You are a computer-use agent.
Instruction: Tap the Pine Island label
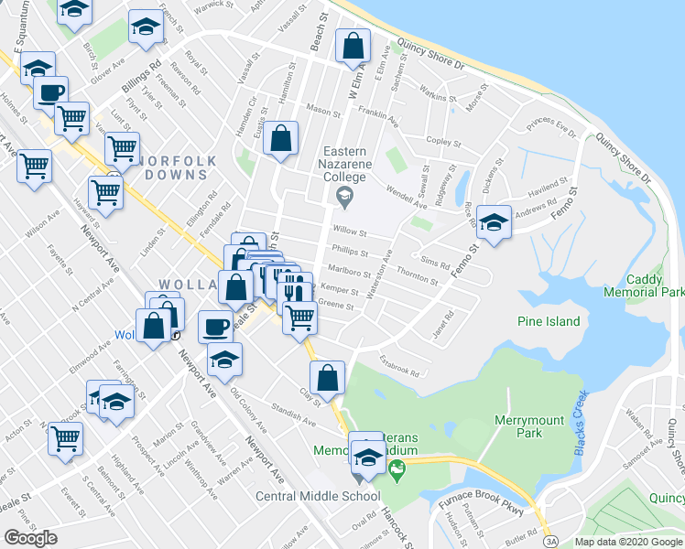[x=549, y=321]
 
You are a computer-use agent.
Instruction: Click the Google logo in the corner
[x=30, y=538]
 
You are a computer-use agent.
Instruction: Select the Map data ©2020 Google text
[x=629, y=542]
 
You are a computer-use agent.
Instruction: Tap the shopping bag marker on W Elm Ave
[x=353, y=46]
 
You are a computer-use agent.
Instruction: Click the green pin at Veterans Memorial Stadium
[x=397, y=473]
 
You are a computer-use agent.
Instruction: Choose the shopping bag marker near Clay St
[x=327, y=377]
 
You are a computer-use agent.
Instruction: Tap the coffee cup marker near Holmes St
[x=51, y=92]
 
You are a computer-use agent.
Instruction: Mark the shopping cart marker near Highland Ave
[x=65, y=438]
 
